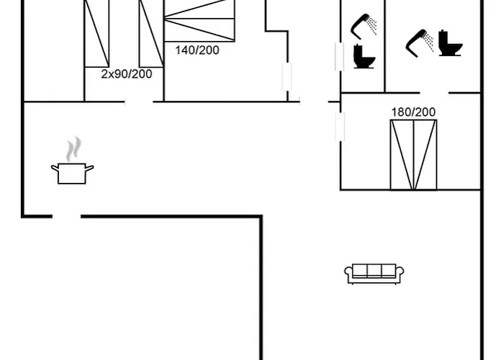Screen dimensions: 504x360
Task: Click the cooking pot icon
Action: pos(72,174)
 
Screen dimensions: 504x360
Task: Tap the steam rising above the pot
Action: pos(73,149)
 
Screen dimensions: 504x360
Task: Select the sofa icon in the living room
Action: pos(374,274)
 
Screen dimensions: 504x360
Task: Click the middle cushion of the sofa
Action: pos(374,271)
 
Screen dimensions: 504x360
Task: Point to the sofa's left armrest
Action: pos(348,272)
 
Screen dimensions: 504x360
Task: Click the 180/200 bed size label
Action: pos(413,112)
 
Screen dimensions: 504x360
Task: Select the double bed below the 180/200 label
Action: pos(413,155)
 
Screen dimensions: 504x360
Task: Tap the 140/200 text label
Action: pos(197,50)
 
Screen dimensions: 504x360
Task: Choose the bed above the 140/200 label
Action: pos(199,21)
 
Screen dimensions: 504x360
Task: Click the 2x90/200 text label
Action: pos(126,74)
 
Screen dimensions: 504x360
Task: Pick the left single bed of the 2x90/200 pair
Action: pos(96,33)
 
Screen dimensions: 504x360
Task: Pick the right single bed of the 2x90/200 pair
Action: pos(151,33)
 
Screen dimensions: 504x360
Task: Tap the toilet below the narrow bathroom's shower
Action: pos(364,57)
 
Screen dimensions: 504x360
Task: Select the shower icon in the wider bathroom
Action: pos(419,43)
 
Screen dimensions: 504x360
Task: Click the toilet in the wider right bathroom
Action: pos(451,43)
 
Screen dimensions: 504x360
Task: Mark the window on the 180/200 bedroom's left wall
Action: pos(340,126)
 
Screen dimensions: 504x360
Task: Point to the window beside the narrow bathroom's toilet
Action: pos(339,57)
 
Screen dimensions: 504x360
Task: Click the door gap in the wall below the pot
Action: pos(66,217)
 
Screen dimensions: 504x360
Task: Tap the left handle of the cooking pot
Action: pos(55,168)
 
